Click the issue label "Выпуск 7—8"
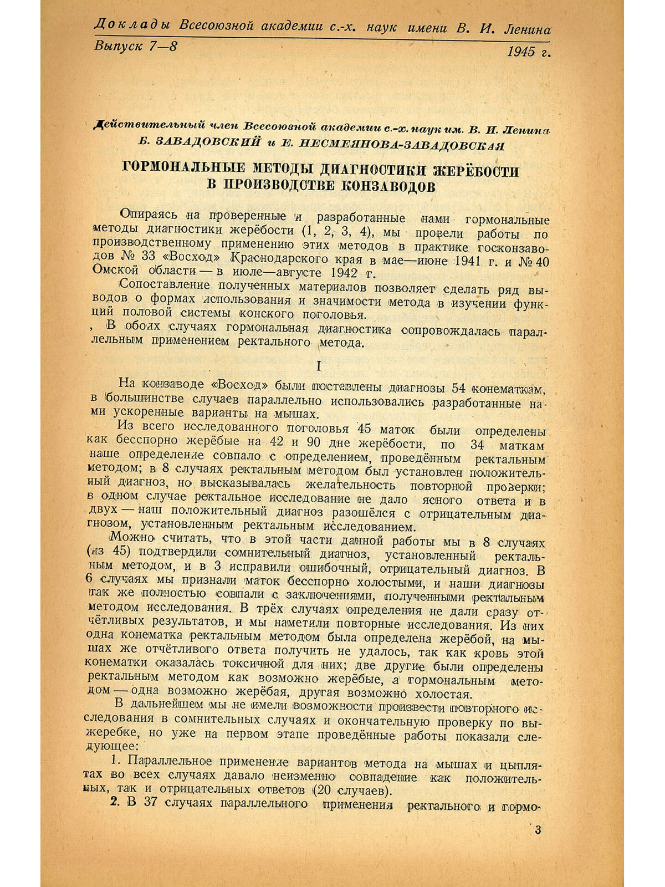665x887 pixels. tap(136, 47)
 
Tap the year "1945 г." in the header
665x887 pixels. tap(528, 52)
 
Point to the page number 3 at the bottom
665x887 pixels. tap(538, 830)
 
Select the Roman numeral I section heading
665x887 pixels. tap(318, 366)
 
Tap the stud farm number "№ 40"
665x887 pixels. tap(534, 261)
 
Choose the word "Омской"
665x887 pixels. tap(114, 272)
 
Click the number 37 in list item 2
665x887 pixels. tap(151, 803)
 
